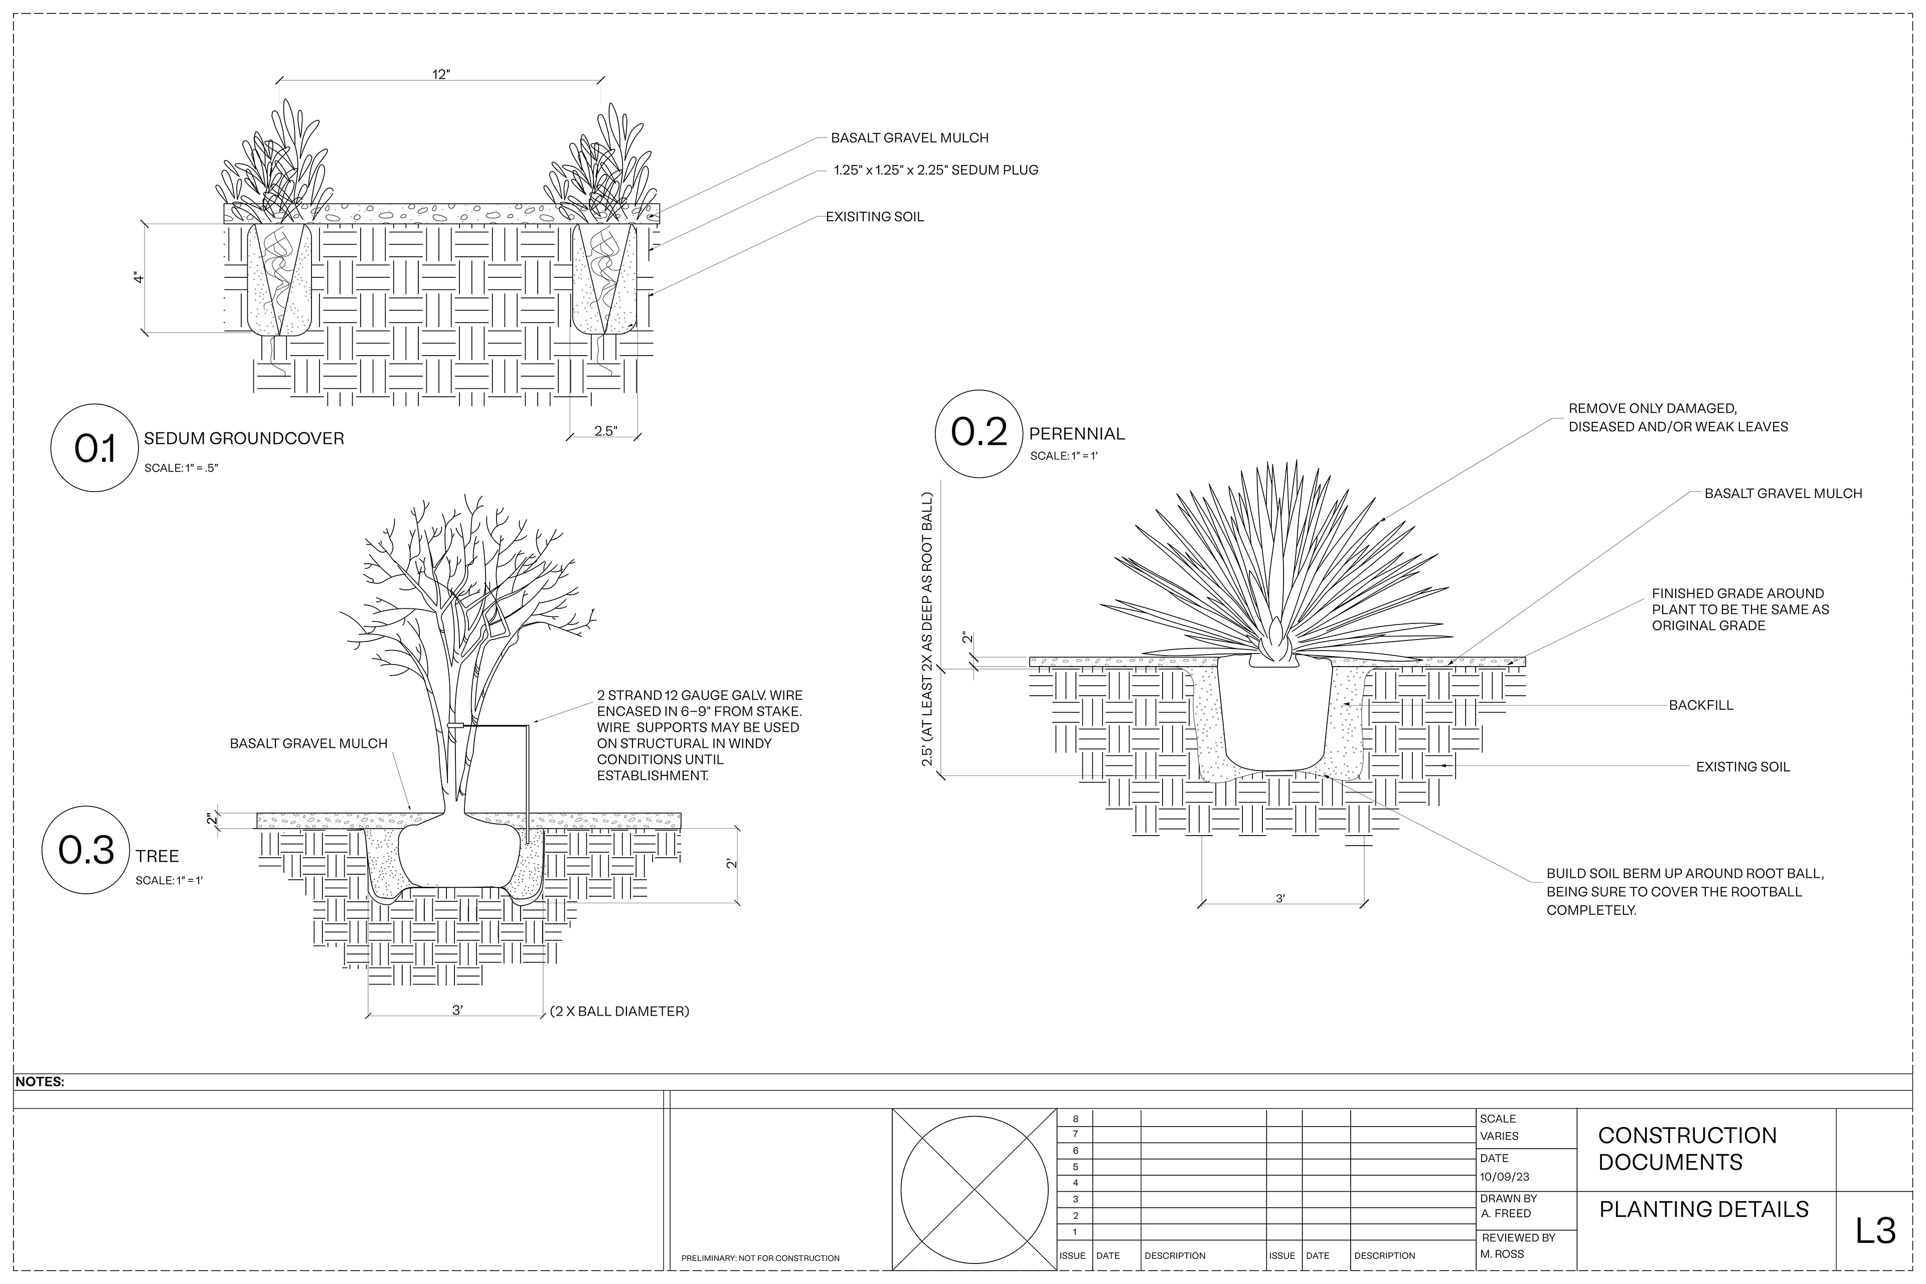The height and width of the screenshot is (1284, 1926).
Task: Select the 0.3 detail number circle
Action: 87,850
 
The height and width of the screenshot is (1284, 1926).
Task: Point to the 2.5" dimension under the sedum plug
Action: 605,431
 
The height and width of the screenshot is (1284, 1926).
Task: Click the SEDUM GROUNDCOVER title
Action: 244,439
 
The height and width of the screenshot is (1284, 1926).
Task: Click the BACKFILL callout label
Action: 1701,705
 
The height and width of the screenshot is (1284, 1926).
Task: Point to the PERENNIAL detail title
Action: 1077,434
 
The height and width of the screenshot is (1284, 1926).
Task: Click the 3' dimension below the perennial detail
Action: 1280,898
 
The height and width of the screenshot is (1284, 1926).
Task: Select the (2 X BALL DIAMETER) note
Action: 620,1011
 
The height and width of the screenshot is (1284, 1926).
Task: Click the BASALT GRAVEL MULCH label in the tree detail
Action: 309,743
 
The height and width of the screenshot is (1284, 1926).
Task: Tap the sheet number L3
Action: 1875,1231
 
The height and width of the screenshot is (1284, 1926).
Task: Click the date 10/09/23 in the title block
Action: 1504,1177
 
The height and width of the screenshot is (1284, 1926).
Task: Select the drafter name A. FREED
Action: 1506,1214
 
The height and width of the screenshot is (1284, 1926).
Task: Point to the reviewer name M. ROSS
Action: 1503,1254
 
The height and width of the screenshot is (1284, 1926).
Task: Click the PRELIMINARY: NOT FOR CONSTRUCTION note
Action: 760,1258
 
